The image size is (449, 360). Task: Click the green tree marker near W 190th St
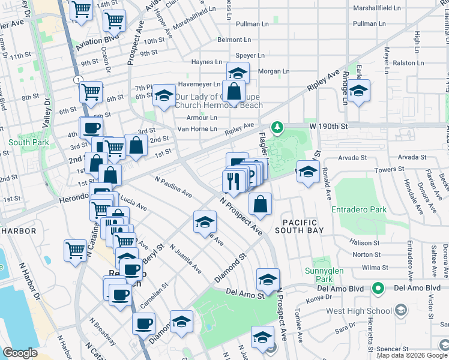pos(277,127)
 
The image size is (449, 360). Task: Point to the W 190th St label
pos(329,127)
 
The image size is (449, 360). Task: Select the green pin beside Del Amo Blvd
pos(377,289)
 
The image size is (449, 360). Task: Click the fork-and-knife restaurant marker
pos(233,180)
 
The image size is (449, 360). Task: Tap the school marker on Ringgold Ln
pos(359,91)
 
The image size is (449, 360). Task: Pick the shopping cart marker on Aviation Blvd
pos(113,21)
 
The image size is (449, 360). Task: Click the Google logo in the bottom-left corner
pos(20,353)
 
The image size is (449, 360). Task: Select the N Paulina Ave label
pos(173,187)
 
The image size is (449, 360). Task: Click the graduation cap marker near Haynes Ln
pos(238,74)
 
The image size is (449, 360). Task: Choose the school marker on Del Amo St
pos(268,279)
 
